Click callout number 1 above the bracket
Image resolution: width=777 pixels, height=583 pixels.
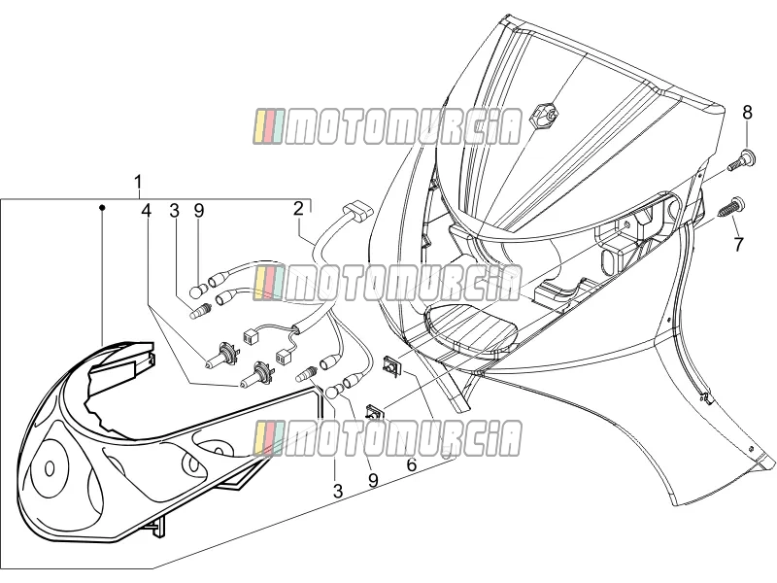[138, 183]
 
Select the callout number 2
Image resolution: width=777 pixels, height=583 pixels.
[298, 209]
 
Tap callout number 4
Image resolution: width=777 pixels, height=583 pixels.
[146, 211]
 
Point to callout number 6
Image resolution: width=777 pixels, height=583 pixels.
[412, 465]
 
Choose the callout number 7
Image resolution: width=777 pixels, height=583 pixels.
[738, 244]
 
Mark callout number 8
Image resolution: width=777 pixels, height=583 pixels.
[747, 113]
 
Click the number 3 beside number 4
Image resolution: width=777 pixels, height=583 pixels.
[174, 211]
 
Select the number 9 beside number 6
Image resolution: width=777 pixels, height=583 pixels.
[373, 480]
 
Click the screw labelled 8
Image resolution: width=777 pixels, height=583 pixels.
[740, 160]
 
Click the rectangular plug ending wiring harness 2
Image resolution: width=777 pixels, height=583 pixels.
[358, 212]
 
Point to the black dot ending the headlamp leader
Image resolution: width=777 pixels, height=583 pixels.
[103, 207]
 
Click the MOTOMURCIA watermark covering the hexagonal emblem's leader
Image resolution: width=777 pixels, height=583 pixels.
[388, 127]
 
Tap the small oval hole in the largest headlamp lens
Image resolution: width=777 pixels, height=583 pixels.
[50, 468]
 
